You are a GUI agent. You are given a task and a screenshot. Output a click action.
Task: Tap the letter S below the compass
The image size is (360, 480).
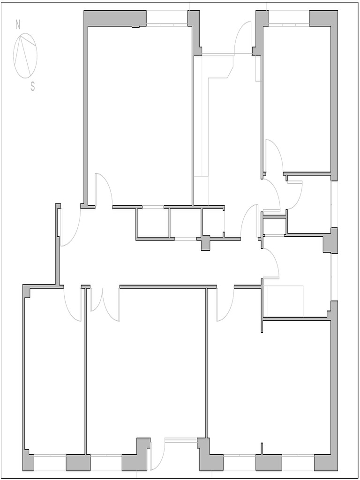click(32, 86)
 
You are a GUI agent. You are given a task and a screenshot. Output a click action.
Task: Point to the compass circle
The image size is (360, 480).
click(25, 55)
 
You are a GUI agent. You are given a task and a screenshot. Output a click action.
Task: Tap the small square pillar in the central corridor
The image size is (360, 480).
click(205, 243)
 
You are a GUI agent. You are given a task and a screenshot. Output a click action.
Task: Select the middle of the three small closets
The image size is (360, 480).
click(185, 223)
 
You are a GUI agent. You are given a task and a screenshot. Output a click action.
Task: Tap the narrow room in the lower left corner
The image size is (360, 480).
click(54, 375)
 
